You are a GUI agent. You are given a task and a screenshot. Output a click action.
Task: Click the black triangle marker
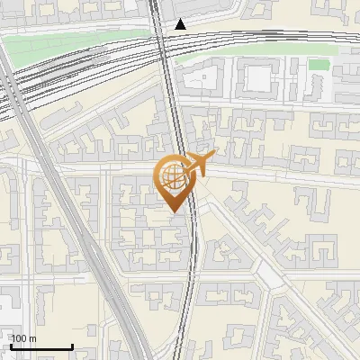[x=181, y=24]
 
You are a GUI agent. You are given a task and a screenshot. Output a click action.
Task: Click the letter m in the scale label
[x=32, y=338]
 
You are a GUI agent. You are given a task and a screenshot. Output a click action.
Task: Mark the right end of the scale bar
[x=72, y=347]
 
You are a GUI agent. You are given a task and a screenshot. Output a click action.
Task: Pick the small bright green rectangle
[x=319, y=65]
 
